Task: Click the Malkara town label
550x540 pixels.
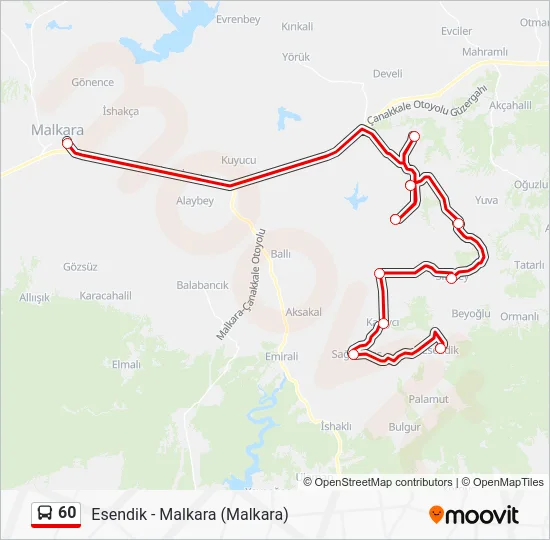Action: coord(57,129)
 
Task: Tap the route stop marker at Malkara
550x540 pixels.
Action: coord(67,144)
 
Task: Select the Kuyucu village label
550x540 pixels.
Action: coord(239,160)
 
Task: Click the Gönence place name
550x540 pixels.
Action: coord(93,82)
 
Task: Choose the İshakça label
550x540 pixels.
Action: coord(121,111)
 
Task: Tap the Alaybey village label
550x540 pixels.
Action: coord(195,200)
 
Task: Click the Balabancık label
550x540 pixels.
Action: coord(202,285)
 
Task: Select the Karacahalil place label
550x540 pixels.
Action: coord(106,295)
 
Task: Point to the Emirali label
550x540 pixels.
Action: coord(282,356)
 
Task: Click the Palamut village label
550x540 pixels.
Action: coord(429,399)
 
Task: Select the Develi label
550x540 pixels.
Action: coord(387,73)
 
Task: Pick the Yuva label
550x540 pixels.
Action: coord(486,200)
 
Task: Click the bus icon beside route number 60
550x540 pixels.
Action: coord(45,513)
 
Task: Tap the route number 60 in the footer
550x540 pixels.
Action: coord(67,513)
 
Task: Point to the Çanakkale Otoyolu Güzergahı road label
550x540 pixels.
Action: coord(427,104)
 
